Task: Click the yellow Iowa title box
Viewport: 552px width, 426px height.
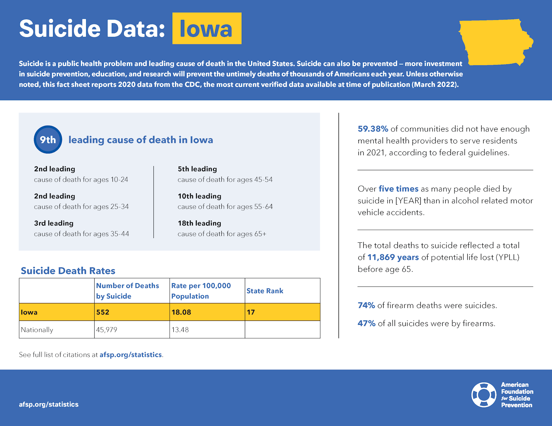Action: pos(207,28)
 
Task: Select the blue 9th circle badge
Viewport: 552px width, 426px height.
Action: pos(48,140)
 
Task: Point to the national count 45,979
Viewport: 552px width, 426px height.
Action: pos(106,330)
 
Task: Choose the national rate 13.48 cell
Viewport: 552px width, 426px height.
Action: pos(180,330)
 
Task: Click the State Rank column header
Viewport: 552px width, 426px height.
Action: pos(265,291)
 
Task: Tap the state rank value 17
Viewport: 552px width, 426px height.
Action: pos(251,312)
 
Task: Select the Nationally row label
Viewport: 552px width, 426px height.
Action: pos(37,330)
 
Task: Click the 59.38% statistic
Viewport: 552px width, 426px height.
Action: pos(373,129)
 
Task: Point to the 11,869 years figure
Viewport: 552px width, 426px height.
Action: pos(393,257)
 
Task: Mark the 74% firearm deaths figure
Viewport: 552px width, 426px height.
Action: pos(366,306)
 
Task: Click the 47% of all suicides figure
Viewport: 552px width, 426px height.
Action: pos(367,323)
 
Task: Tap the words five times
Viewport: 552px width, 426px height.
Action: pos(398,189)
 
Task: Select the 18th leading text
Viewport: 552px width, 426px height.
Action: pos(199,223)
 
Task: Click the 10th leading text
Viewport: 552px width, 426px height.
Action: pos(199,196)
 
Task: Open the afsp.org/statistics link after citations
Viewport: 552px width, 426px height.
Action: pos(131,355)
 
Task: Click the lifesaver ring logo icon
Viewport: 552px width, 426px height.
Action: pos(484,395)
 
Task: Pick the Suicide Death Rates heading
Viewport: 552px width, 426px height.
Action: pos(68,271)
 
